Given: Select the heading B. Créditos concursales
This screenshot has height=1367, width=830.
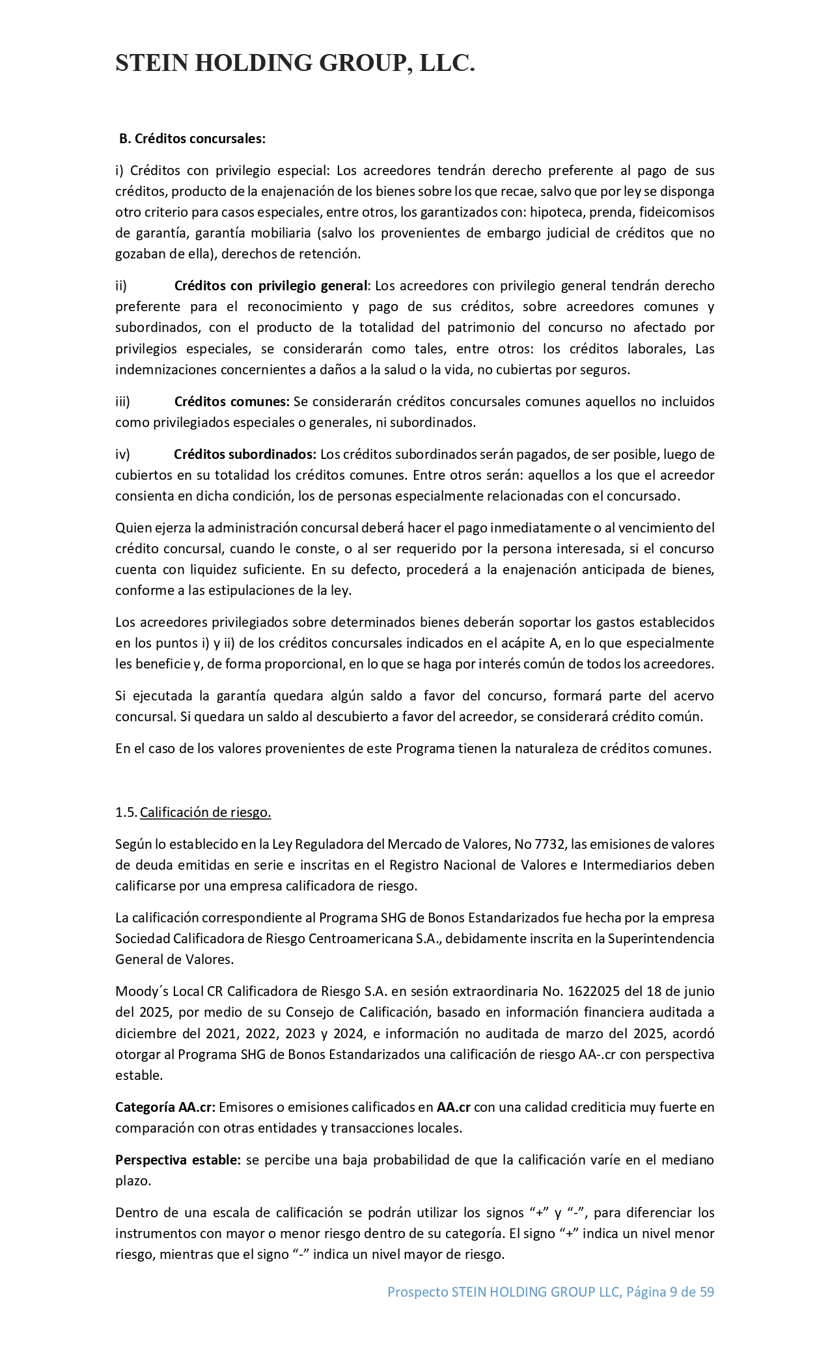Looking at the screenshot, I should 192,139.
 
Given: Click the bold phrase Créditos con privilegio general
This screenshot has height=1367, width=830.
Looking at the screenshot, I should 271,286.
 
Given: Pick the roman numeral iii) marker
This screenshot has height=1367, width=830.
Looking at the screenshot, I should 122,402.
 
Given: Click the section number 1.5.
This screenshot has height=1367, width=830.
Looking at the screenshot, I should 126,812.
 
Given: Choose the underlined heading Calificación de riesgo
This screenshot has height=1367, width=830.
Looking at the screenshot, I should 205,812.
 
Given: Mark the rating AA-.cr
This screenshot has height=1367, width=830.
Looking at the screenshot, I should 597,1055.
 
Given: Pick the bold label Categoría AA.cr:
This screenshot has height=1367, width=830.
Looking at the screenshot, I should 165,1107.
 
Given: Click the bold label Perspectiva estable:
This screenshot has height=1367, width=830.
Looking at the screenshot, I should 178,1160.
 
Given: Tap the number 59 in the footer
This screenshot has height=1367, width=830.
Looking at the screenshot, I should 707,1292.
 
